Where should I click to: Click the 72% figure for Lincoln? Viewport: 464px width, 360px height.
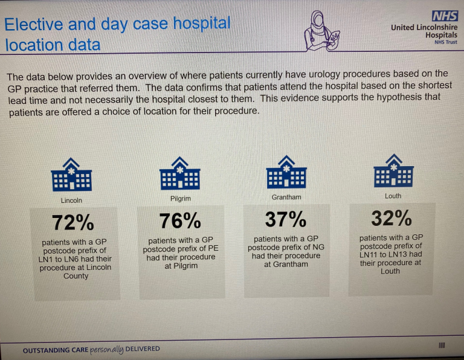coord(72,223)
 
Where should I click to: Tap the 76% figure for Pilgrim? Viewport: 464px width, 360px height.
coord(179,221)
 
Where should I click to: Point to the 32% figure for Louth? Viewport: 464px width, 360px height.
coord(391,217)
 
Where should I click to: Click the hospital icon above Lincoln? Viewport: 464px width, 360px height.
coord(71,175)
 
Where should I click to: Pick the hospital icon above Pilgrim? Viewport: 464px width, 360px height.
coord(179,173)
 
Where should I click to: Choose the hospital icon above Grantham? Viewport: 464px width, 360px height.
coord(286,171)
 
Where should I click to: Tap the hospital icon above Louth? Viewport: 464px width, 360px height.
coord(393,170)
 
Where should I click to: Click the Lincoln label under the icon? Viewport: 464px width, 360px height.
coord(71,201)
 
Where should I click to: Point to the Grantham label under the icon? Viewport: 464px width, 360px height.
coord(286,197)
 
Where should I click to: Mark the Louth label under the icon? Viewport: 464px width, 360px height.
coord(393,196)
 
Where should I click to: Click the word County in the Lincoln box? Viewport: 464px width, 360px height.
coord(76,276)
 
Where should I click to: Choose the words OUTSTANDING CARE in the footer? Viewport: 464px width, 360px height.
coord(56,350)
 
